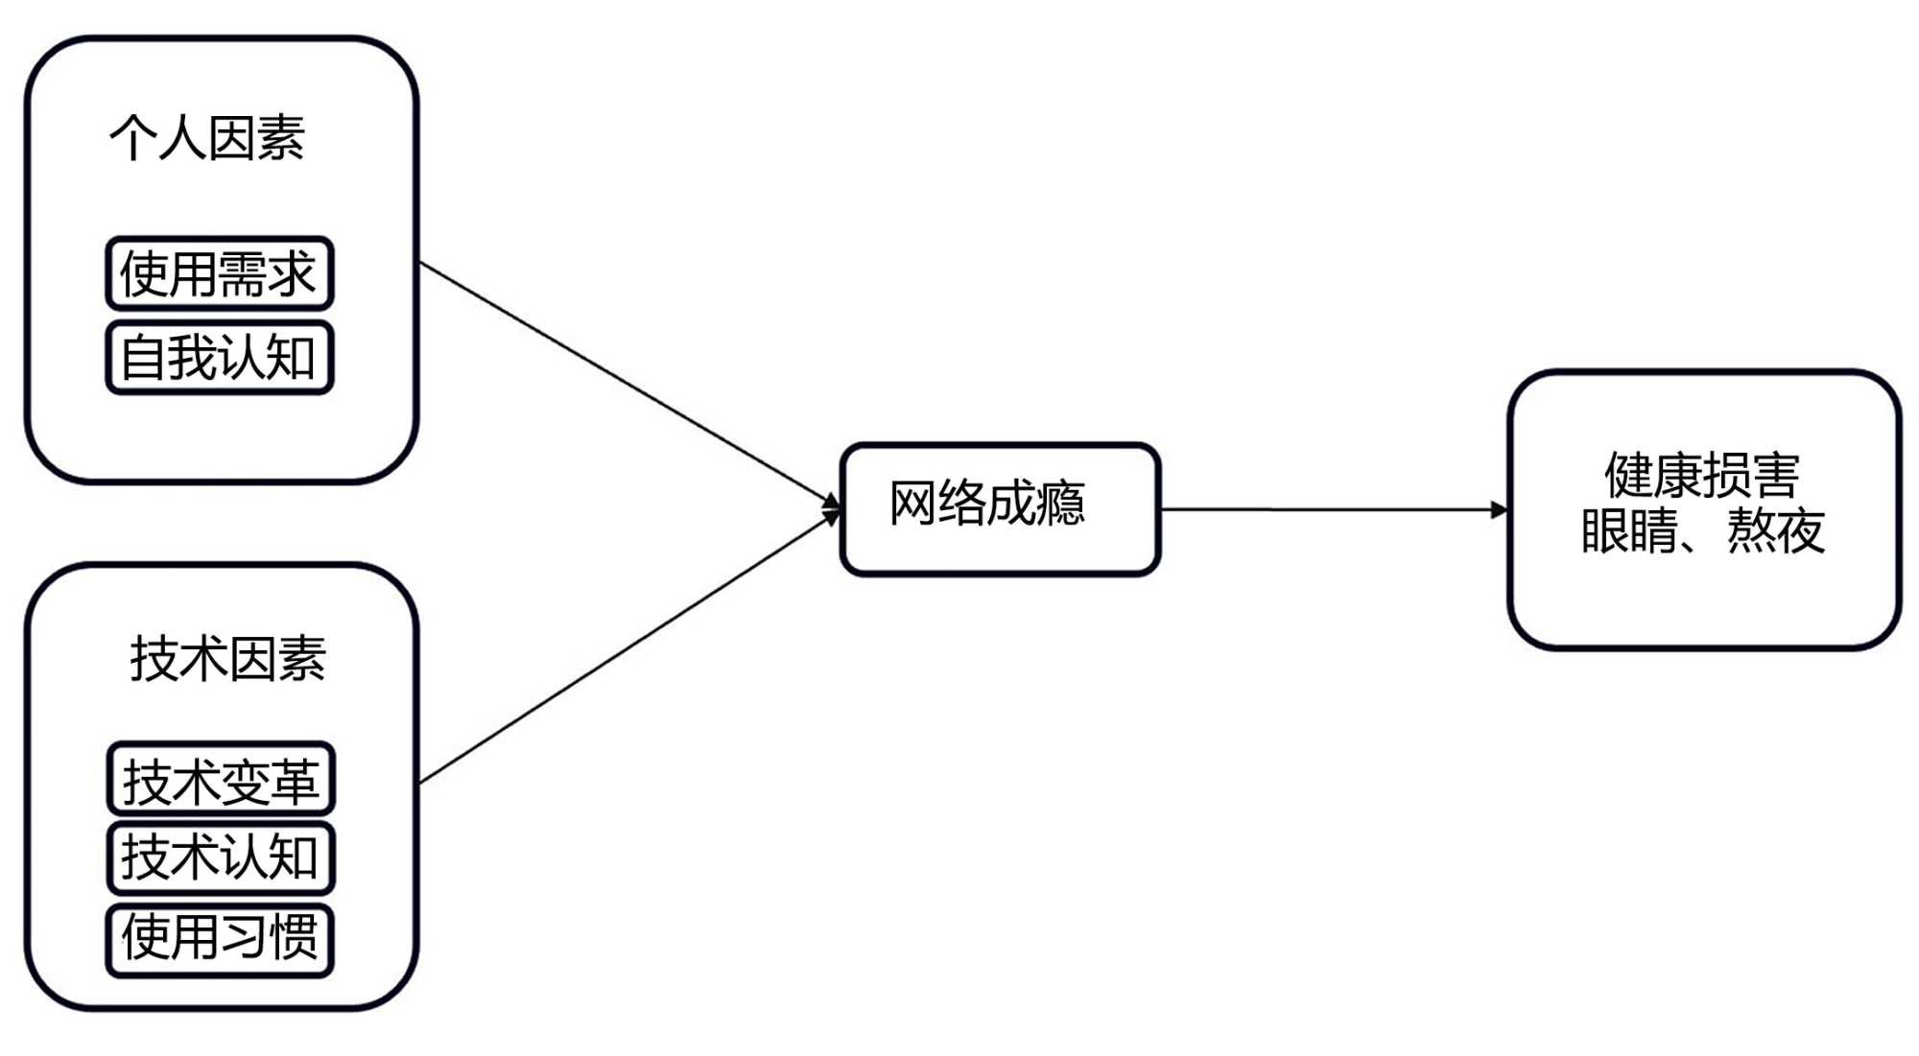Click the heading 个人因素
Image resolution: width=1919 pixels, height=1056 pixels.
pos(207,138)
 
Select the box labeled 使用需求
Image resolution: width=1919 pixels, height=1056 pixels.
pos(219,274)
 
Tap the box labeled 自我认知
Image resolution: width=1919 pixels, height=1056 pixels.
pos(219,359)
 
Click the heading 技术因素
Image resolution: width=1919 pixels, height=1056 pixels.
pos(228,660)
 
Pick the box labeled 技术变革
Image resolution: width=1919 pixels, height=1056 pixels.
pos(220,780)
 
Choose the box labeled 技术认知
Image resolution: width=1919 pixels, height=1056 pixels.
pos(220,857)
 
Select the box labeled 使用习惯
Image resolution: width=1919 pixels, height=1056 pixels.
pos(220,939)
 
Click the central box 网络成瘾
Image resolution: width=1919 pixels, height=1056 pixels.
pos(1000,508)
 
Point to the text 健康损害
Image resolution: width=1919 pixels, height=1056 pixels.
pos(1702,476)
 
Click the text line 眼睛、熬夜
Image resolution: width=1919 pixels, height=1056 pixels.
pos(1702,531)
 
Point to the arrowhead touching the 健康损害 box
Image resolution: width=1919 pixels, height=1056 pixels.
pos(1500,509)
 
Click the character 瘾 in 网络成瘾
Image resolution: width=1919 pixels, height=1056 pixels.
pos(1061,504)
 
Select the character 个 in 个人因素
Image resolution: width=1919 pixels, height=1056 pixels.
pos(133,138)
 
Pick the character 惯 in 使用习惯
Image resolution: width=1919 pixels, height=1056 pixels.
pos(294,938)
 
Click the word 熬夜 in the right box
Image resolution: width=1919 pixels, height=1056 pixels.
pos(1776,531)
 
